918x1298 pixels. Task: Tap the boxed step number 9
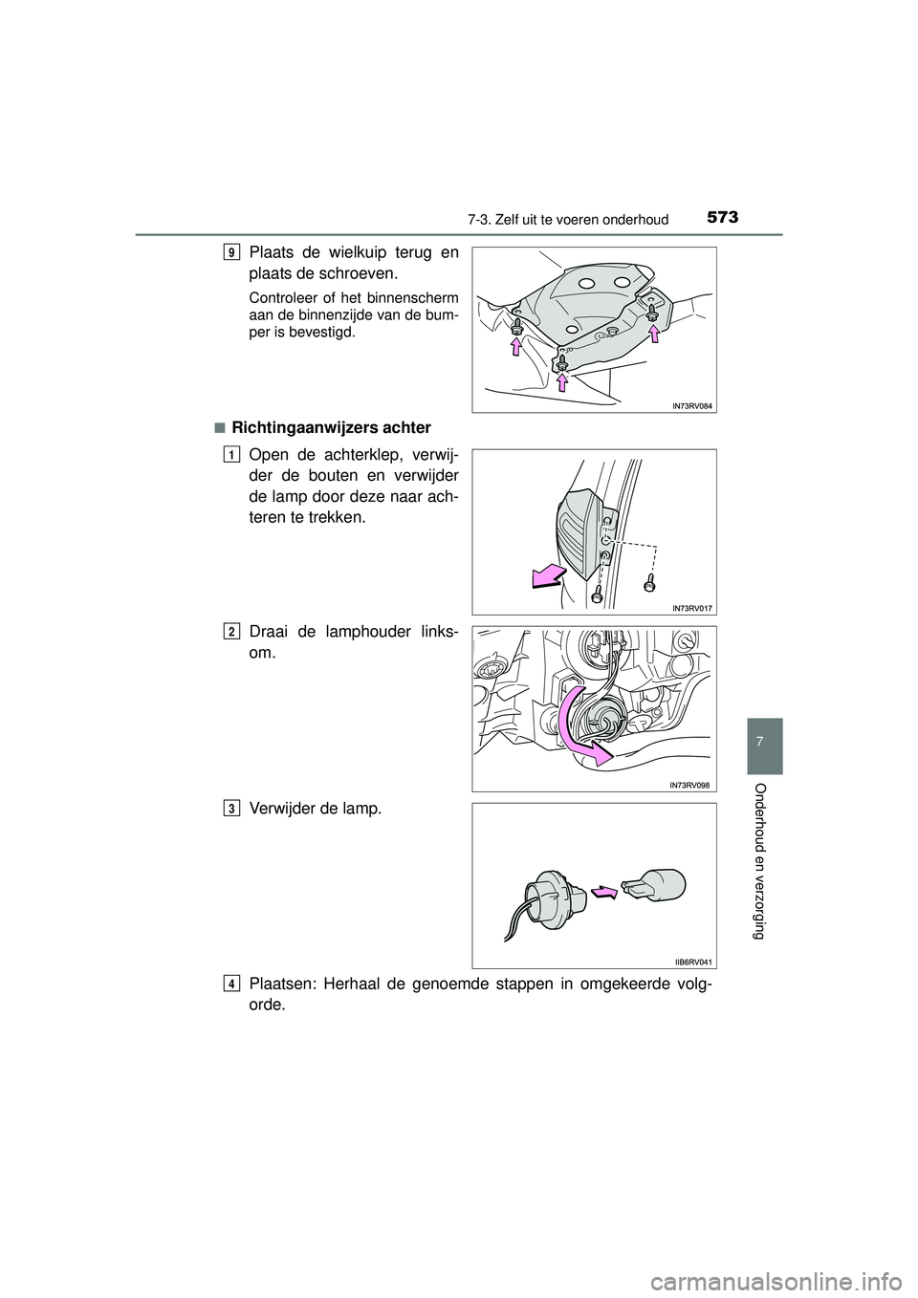click(x=233, y=252)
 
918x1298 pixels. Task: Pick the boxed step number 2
click(x=233, y=631)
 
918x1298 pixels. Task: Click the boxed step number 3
click(x=233, y=809)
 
